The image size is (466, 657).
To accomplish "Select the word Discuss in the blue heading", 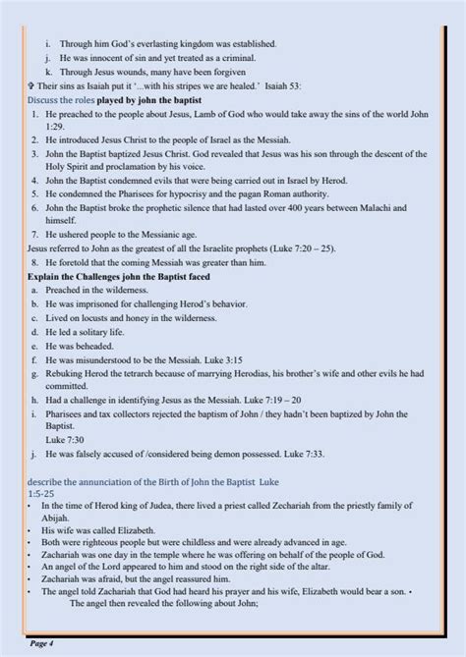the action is point(44,100).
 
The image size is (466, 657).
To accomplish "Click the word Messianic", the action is point(166,236).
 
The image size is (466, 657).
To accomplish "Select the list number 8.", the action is point(34,263).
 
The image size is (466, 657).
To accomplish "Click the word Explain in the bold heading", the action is point(46,278).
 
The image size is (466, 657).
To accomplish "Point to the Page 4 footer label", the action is point(43,642).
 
